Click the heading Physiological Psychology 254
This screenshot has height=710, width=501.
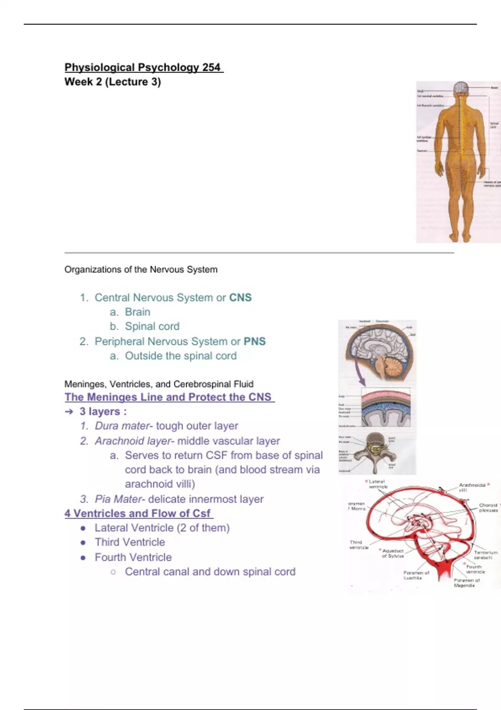pyautogui.click(x=144, y=67)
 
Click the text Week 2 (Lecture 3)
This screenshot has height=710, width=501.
pyautogui.click(x=113, y=82)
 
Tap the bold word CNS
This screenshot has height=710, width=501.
pyautogui.click(x=240, y=298)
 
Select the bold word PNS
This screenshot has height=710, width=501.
pyautogui.click(x=255, y=342)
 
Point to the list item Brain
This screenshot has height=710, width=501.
pyautogui.click(x=137, y=312)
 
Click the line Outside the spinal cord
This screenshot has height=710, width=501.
pyautogui.click(x=180, y=356)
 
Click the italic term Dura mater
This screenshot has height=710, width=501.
pyautogui.click(x=122, y=426)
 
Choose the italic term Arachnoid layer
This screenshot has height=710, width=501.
pyautogui.click(x=133, y=441)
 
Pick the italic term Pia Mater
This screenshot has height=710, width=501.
pyautogui.click(x=118, y=499)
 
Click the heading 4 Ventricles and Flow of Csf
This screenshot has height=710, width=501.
pyautogui.click(x=138, y=513)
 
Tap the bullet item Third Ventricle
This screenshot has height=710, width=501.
pyautogui.click(x=129, y=542)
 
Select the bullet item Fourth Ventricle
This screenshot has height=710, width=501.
pyautogui.click(x=133, y=557)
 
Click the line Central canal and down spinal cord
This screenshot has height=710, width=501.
pyautogui.click(x=210, y=572)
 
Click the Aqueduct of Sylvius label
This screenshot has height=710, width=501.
pyautogui.click(x=393, y=553)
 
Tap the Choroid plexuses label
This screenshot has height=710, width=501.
pyautogui.click(x=488, y=507)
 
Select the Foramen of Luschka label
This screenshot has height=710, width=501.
pyautogui.click(x=416, y=575)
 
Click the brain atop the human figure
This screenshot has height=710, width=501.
pyautogui.click(x=461, y=88)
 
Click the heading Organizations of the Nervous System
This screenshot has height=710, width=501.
pyautogui.click(x=141, y=270)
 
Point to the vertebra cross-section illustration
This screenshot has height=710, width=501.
pyautogui.click(x=376, y=451)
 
